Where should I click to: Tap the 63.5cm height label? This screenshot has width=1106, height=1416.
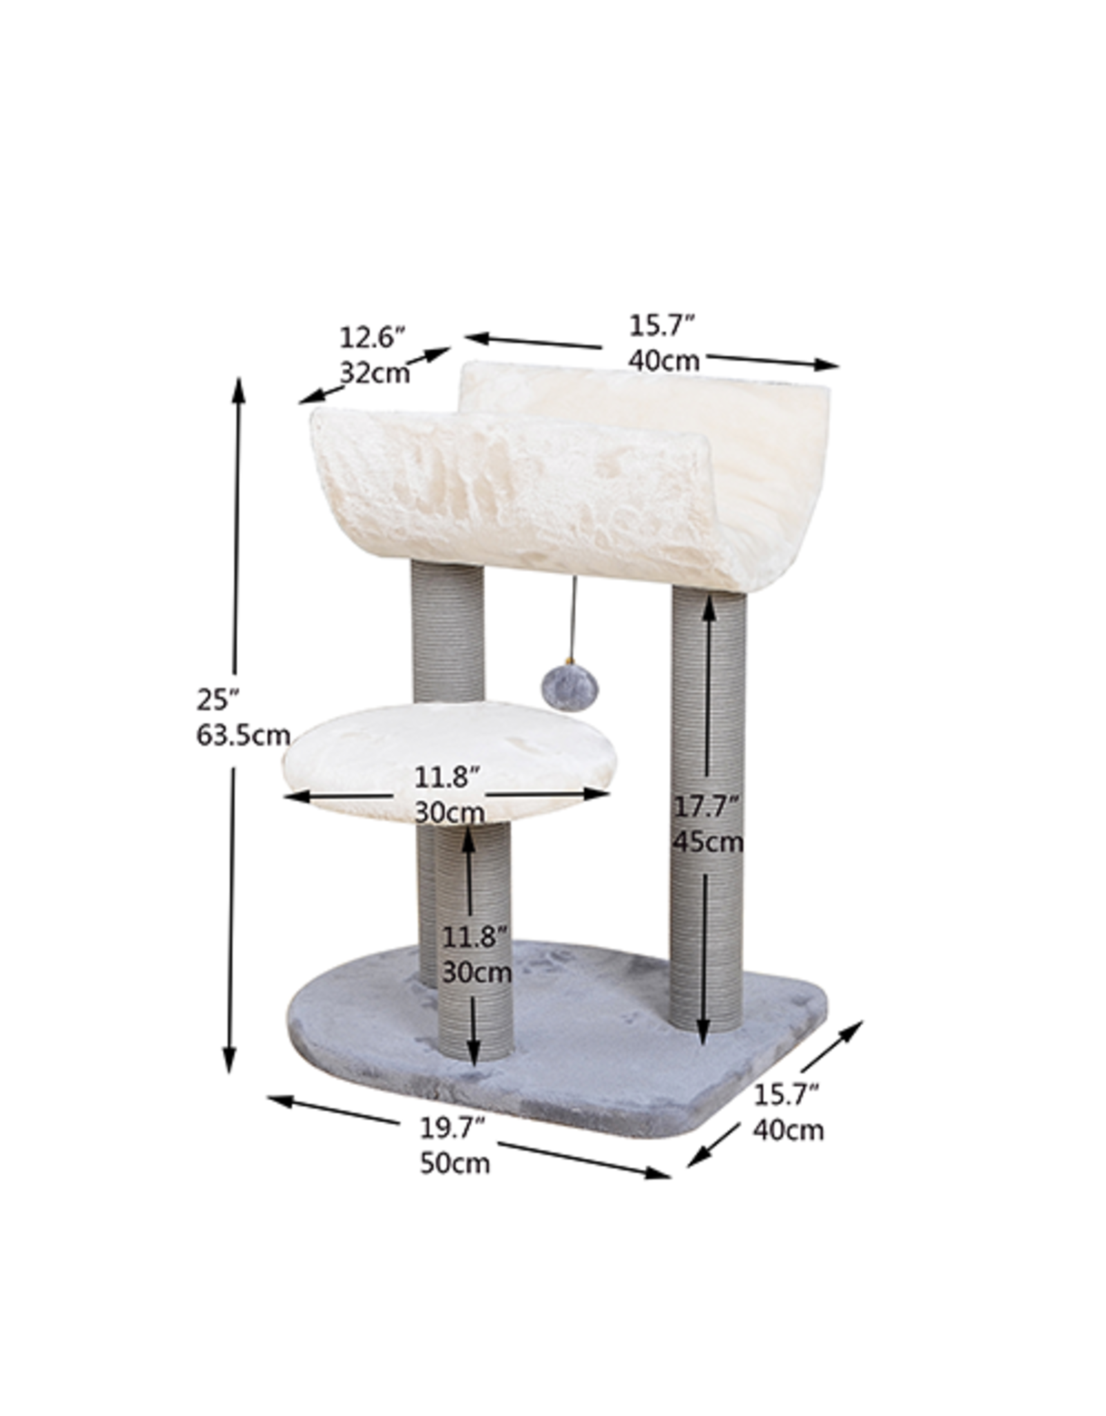(243, 736)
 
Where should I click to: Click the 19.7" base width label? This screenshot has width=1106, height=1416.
(455, 1128)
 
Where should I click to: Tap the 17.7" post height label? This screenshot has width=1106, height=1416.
(707, 807)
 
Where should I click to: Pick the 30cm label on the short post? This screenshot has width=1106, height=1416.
(476, 973)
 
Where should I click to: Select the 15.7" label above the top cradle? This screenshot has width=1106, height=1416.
(661, 326)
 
